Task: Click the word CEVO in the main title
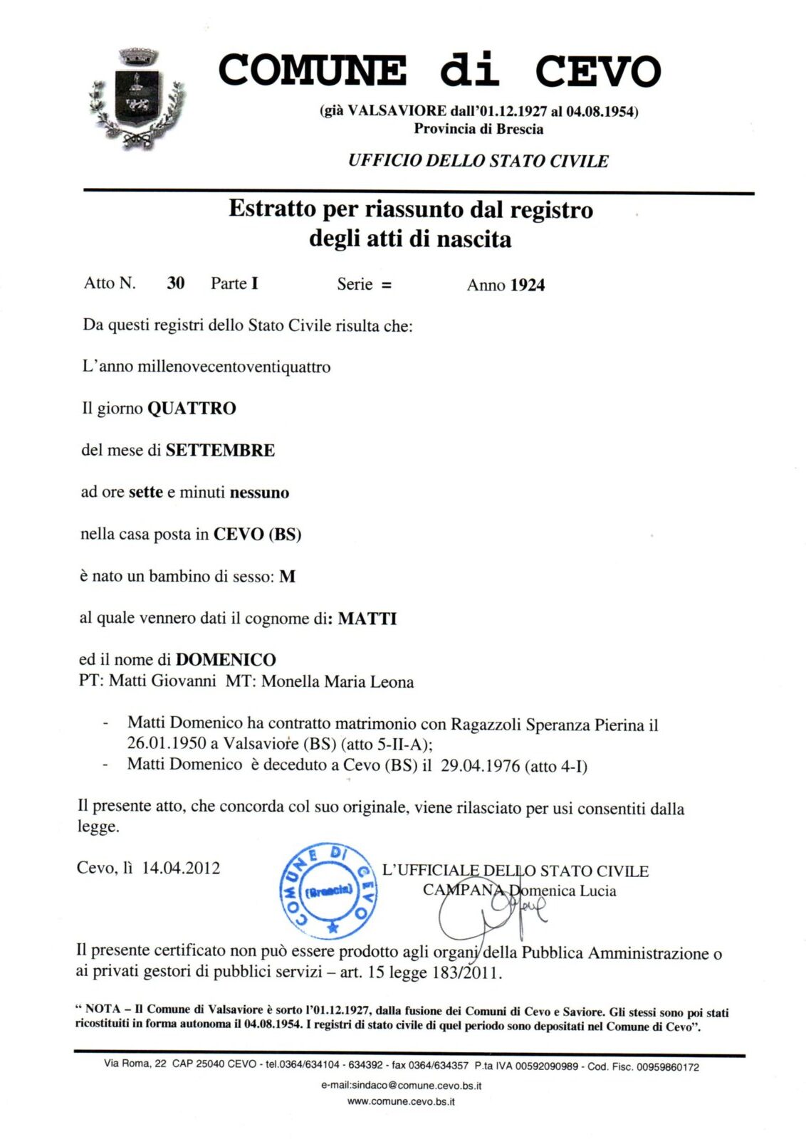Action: (597, 71)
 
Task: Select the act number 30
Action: (175, 283)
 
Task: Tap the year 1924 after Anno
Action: (528, 285)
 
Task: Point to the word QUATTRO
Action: (192, 409)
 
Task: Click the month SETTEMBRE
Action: (220, 451)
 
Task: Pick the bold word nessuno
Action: (259, 493)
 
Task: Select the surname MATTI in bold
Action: (367, 619)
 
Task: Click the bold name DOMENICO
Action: (226, 660)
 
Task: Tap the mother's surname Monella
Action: (291, 681)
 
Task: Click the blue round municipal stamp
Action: (328, 891)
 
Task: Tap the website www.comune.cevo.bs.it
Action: (401, 1101)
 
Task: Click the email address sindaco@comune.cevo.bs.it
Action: (401, 1086)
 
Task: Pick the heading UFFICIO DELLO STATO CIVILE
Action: (478, 161)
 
